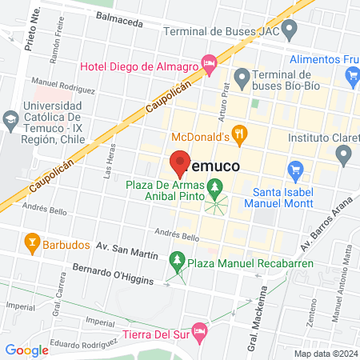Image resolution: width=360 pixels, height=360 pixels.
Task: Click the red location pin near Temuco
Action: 179,163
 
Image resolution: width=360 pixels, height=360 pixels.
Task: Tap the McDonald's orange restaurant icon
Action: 238,134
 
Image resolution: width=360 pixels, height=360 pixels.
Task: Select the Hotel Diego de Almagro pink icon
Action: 210,62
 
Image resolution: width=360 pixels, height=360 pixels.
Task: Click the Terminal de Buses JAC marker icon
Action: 291,31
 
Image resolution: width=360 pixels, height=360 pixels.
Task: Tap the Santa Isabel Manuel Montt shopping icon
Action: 296,170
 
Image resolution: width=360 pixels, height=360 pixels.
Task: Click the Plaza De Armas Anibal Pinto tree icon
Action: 214,189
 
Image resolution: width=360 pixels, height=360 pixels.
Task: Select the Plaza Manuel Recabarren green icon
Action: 178,259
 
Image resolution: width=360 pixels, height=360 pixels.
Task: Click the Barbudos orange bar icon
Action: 32,239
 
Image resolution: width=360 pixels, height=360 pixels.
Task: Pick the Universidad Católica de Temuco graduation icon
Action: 10,122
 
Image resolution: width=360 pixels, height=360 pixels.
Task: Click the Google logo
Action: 26,350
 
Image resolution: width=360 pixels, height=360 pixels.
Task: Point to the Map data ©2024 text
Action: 326,353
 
